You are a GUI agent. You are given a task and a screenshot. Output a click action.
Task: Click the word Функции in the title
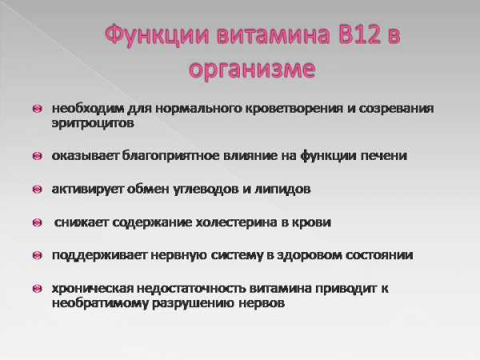pos(157,35)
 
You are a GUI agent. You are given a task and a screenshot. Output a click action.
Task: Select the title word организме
pos(252,70)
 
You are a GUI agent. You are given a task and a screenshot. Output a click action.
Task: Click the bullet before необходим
pos(38,109)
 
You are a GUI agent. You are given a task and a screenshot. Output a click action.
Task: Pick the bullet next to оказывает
pos(38,156)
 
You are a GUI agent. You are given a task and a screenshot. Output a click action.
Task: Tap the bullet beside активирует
pos(38,189)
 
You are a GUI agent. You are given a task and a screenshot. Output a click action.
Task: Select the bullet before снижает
pos(38,222)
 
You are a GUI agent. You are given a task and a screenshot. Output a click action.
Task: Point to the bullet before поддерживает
pos(38,255)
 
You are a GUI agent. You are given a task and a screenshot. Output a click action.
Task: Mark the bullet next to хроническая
pos(38,289)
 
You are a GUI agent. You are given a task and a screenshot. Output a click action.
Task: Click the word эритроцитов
pos(93,123)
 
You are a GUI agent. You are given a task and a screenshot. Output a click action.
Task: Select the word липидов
pos(282,190)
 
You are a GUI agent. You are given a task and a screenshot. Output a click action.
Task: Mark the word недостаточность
pos(191,289)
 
